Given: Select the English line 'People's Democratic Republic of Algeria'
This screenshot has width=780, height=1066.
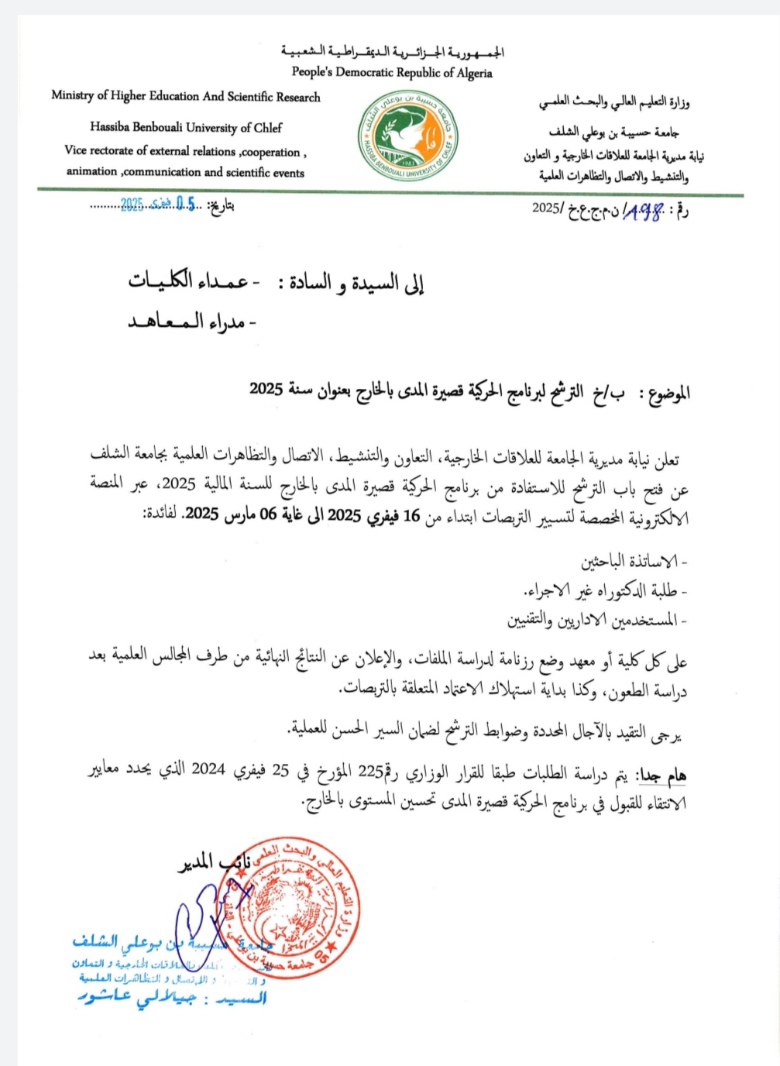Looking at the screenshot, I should point(392,73).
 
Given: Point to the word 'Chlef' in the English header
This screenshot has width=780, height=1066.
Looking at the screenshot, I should point(266,128).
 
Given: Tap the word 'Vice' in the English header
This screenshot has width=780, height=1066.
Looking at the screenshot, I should point(76,151).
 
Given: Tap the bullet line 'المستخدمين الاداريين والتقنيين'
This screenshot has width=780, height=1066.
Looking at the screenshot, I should point(596,621).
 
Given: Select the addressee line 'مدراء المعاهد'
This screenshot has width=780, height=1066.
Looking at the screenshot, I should point(192,322).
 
